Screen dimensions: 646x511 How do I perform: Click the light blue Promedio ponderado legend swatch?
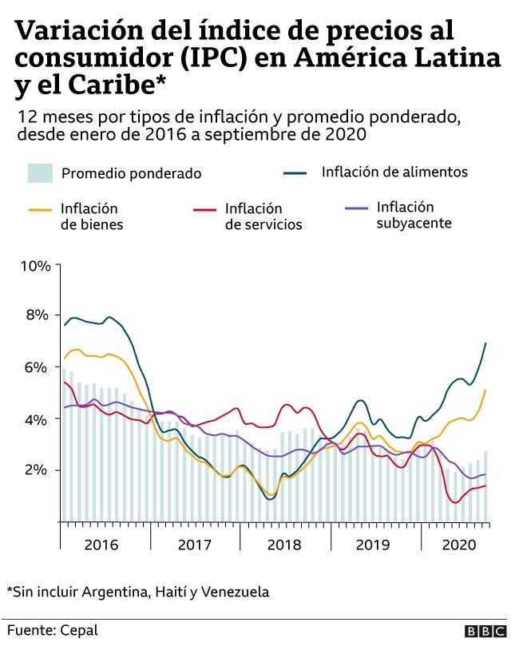(x=41, y=172)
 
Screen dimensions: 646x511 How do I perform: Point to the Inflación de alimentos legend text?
(x=394, y=172)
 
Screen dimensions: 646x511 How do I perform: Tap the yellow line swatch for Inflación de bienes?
(x=41, y=210)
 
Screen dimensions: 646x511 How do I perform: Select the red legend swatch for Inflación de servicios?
(x=205, y=210)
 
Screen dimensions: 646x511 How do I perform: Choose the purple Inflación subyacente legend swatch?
(x=356, y=208)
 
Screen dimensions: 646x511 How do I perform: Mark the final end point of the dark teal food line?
(x=486, y=343)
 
